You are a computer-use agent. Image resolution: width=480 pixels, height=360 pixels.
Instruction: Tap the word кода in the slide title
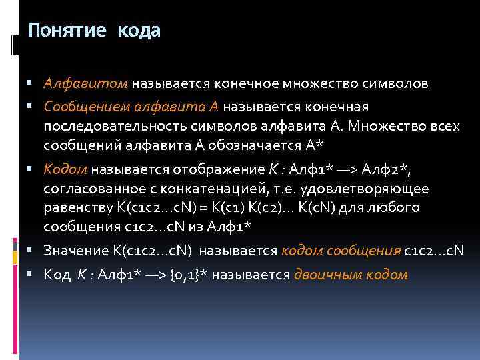(139, 31)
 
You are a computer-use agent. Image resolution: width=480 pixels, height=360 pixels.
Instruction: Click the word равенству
(77, 208)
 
